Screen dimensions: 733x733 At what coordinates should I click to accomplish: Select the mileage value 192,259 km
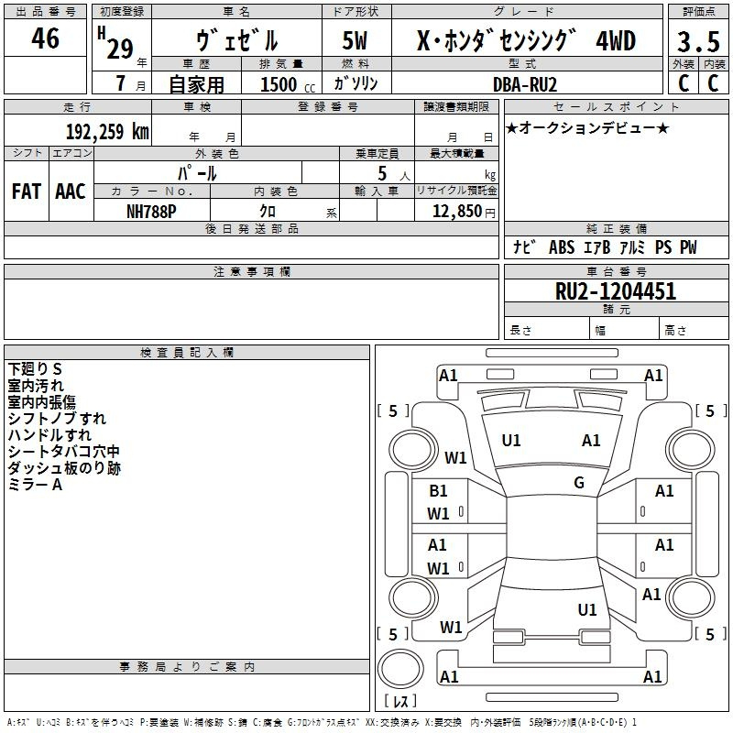pos(107,131)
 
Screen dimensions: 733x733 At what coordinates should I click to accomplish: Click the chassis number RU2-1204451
pos(616,292)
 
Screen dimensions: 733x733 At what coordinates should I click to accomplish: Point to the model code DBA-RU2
pos(537,83)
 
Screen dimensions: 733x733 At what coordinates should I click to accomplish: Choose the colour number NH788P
pos(152,211)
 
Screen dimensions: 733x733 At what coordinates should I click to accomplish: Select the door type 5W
pos(355,42)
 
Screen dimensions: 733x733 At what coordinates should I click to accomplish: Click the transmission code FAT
pos(26,191)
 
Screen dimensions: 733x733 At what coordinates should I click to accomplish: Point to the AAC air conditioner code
pos(71,191)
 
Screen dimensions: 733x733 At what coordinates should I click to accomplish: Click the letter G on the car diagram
pos(579,483)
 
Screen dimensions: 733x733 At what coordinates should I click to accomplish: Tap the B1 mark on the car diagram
pos(439,491)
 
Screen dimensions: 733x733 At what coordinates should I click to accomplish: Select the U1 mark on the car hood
pos(511,441)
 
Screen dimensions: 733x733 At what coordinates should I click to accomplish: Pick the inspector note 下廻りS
pos(36,368)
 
